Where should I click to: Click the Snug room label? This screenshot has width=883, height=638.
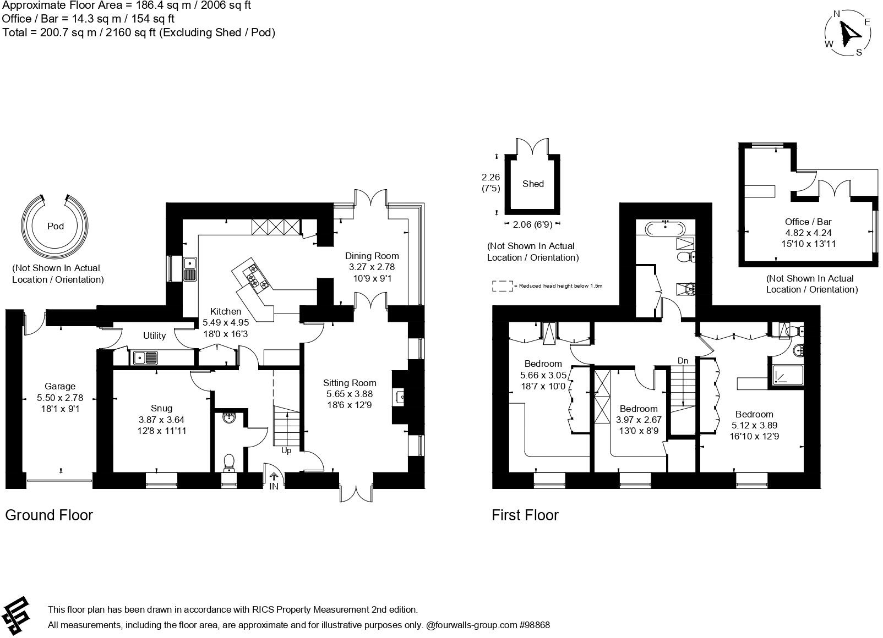coord(161,408)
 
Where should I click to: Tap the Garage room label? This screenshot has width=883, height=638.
coord(60,387)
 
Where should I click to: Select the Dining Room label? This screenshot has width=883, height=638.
coord(372,256)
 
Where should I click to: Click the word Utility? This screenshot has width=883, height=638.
coord(154,335)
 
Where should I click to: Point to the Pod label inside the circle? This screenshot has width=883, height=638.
coord(56,226)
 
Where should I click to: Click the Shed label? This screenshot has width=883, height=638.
coord(533,184)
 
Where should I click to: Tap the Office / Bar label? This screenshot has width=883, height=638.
coord(808,222)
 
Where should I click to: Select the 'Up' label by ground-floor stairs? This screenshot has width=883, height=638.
coord(286,451)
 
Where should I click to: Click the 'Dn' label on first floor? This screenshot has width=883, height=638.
coord(683,361)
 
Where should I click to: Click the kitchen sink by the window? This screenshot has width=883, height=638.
coord(190,269)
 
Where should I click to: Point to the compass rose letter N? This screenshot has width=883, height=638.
coord(837,14)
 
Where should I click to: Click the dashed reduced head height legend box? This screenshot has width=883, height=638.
coord(502,286)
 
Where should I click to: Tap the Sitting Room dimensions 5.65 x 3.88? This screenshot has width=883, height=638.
coord(350,394)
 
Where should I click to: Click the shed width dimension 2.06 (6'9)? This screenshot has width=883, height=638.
coord(532,224)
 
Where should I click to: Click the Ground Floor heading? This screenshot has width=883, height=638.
coord(49,515)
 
